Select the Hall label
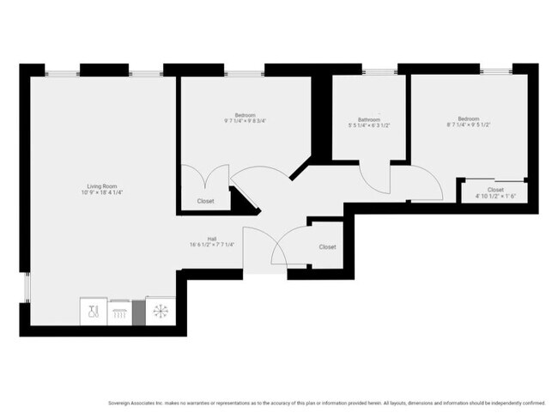click(x=211, y=238)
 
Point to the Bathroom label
click(x=370, y=118)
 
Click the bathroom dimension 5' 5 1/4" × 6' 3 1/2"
click(x=370, y=125)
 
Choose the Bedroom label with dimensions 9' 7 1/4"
click(x=246, y=115)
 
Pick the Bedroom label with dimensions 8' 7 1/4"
click(x=468, y=118)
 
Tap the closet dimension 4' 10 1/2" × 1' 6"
click(x=495, y=197)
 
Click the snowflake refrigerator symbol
click(x=161, y=310)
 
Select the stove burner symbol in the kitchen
click(x=118, y=312)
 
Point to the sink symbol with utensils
click(x=94, y=311)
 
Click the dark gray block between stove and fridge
click(x=138, y=311)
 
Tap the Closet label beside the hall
click(x=327, y=247)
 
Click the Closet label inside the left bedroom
click(x=205, y=201)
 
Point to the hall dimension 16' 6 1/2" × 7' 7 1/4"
click(x=211, y=245)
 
